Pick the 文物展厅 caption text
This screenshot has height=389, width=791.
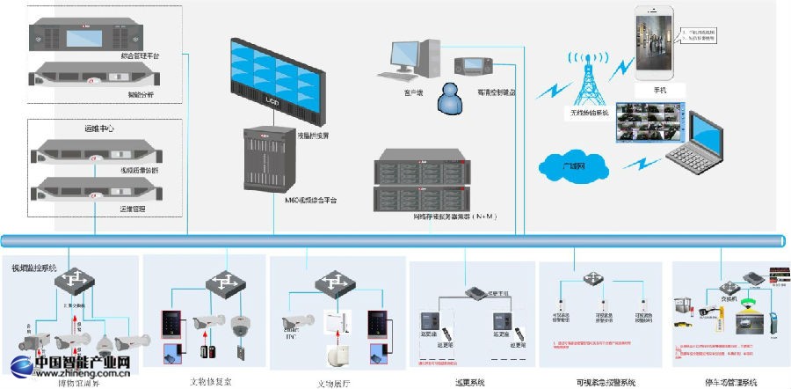[335, 383]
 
